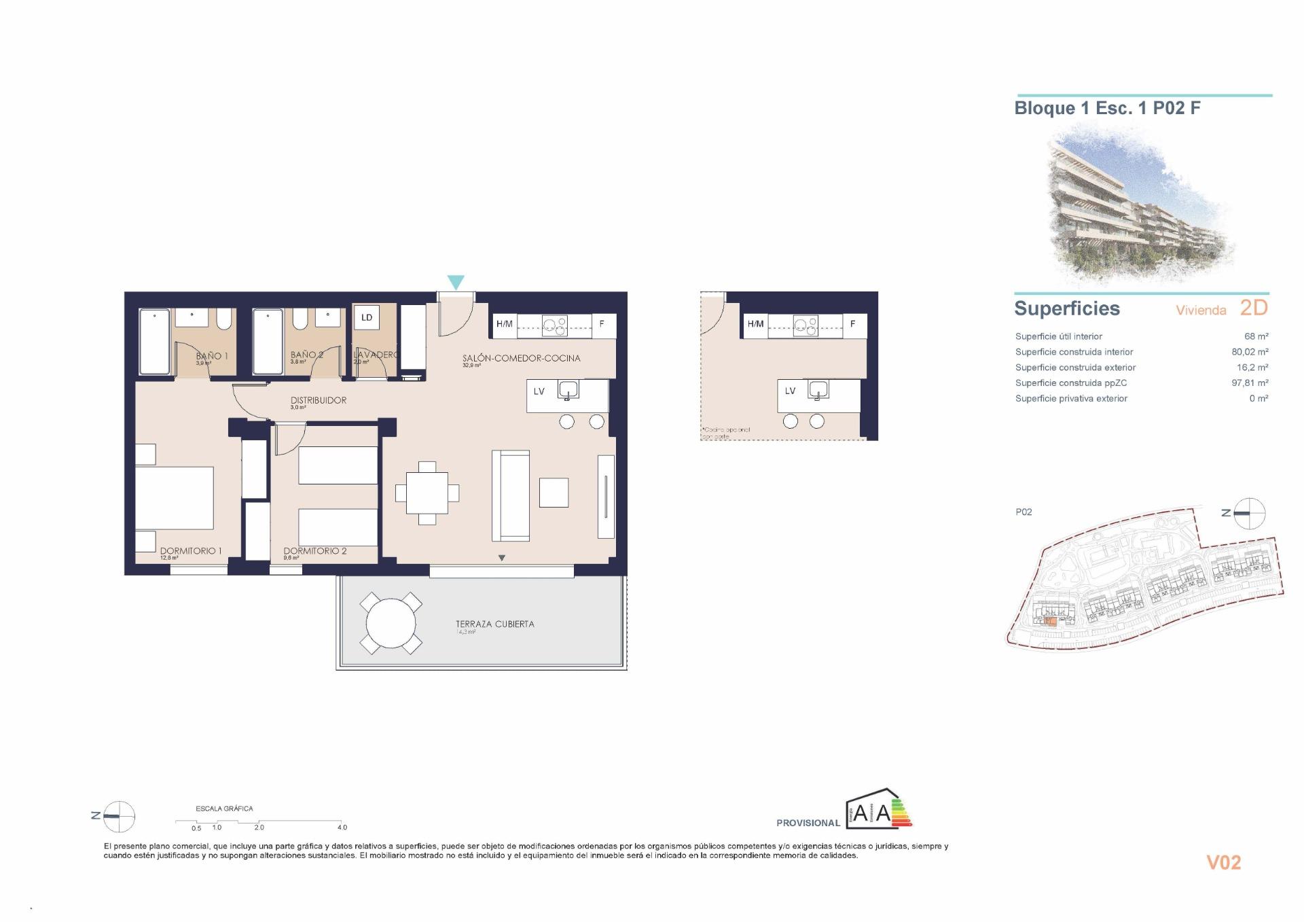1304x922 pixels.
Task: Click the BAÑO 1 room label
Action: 212,355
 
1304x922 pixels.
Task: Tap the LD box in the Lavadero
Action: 367,317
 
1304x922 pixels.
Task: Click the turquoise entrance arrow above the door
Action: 456,282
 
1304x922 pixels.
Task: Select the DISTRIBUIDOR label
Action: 319,400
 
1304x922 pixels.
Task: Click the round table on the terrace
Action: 391,623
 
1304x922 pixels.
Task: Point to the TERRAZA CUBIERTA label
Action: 494,624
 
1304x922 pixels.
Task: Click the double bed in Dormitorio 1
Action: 175,497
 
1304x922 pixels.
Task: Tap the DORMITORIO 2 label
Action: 315,551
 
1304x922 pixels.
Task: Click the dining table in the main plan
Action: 427,493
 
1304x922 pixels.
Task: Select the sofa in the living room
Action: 510,495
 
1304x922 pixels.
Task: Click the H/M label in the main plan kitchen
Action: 504,324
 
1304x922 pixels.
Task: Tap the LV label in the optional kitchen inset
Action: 790,391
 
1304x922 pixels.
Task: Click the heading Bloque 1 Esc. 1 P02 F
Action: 1107,108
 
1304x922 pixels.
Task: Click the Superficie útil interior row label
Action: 1058,336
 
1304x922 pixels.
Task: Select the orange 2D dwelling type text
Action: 1254,308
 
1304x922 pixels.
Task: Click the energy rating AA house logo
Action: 878,810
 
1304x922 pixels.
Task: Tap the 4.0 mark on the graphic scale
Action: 342,827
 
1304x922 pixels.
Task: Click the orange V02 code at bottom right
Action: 1223,862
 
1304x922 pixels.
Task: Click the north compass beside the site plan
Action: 1248,513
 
